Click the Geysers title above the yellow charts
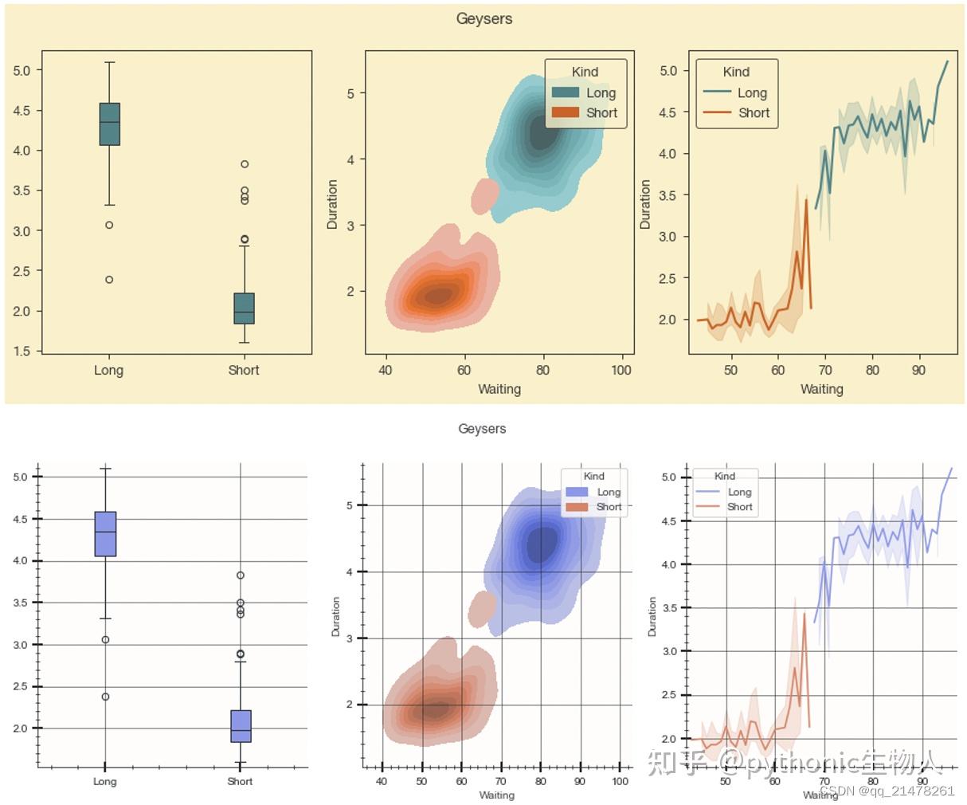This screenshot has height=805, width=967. coord(483,18)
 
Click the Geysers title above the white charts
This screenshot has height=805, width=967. coord(482,429)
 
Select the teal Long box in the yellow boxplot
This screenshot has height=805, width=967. coord(110,124)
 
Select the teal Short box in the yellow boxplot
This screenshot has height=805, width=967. coord(244,308)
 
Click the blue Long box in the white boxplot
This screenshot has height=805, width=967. coord(105,533)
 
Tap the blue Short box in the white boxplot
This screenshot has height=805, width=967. coord(241,725)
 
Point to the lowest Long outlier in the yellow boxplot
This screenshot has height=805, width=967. coord(109,280)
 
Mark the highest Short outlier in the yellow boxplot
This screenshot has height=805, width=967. coord(245,164)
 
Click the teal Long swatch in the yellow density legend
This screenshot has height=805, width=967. coord(566,93)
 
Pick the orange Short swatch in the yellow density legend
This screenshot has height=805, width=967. coord(566,112)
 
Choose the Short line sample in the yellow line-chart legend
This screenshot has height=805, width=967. coord(717,112)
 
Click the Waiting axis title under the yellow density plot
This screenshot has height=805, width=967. coord(499,389)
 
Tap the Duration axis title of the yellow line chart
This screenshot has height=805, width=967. coord(645,204)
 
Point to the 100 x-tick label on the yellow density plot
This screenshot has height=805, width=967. coord(621,370)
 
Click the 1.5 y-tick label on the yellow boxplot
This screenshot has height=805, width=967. coord(22,351)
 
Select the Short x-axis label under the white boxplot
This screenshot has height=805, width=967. coord(240,781)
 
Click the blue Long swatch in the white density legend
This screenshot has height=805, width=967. coord(576,493)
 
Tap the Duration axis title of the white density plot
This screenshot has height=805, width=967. coord(335,616)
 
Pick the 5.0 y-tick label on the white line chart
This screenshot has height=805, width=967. coord(669,477)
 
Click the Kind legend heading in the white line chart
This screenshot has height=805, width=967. coord(725,476)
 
